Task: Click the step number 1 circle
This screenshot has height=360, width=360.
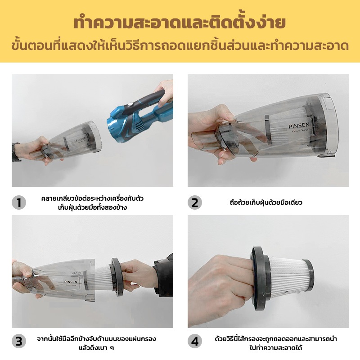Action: click(19, 202)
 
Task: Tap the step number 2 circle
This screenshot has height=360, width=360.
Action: click(194, 202)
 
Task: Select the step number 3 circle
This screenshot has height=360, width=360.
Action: click(19, 342)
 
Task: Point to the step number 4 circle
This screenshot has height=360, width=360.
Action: click(194, 342)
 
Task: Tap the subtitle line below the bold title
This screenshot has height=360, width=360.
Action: click(180, 46)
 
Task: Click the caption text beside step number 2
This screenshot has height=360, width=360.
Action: click(265, 202)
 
